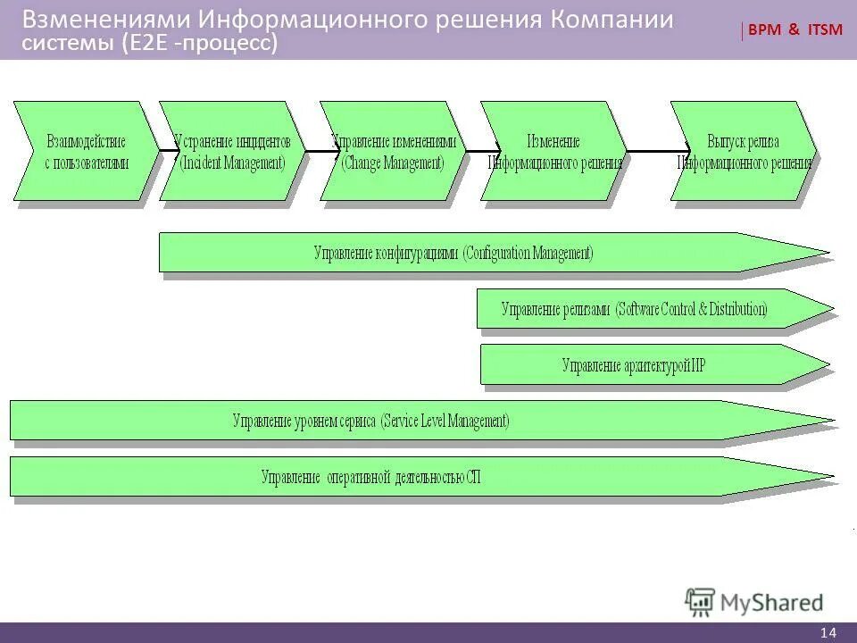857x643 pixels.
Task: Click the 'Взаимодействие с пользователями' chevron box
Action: click(x=86, y=151)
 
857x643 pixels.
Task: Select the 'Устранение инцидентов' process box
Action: click(x=232, y=151)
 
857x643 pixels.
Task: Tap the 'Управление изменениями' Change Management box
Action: click(x=393, y=151)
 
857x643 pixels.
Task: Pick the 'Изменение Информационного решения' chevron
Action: click(x=553, y=151)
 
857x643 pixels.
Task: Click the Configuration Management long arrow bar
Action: click(x=453, y=253)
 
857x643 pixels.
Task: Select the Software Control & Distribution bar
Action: click(x=634, y=309)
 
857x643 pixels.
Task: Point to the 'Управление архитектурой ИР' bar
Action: click(x=634, y=364)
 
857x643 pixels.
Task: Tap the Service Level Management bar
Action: click(x=370, y=420)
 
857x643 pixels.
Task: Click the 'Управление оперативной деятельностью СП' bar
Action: click(x=370, y=477)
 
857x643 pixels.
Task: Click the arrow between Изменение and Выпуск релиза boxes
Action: click(x=657, y=149)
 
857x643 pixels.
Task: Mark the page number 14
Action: click(x=828, y=632)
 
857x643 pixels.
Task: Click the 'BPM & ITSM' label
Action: click(x=794, y=30)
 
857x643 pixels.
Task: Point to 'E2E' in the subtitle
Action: click(x=147, y=44)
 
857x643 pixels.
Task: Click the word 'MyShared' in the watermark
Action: click(x=772, y=604)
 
